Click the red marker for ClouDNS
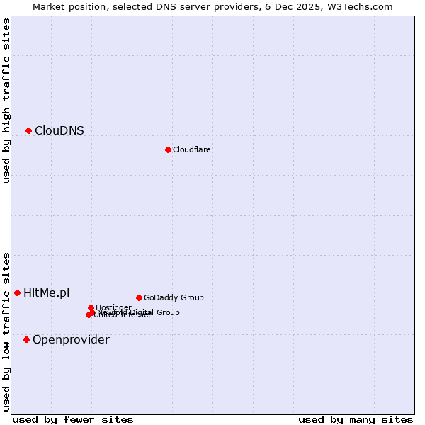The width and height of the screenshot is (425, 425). [x=29, y=130]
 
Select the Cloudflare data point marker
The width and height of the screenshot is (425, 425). [x=168, y=149]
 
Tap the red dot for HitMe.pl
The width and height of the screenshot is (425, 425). [x=18, y=293]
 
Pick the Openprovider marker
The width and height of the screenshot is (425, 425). [x=27, y=339]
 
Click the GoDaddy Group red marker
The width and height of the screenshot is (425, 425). [x=139, y=297]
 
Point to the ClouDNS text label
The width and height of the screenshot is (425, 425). [x=59, y=130]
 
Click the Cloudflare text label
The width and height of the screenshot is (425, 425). [x=192, y=149]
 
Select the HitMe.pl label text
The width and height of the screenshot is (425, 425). [x=47, y=293]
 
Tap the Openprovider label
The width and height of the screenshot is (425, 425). [x=71, y=340]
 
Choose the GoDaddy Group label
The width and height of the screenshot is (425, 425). [x=174, y=297]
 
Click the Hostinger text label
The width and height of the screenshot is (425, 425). [x=113, y=307]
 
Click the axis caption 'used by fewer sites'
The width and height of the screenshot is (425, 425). [x=73, y=419]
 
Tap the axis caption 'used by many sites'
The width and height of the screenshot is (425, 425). [x=356, y=419]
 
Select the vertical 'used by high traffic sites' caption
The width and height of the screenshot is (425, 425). [x=6, y=101]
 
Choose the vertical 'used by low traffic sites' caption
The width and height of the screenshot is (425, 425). [x=6, y=331]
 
